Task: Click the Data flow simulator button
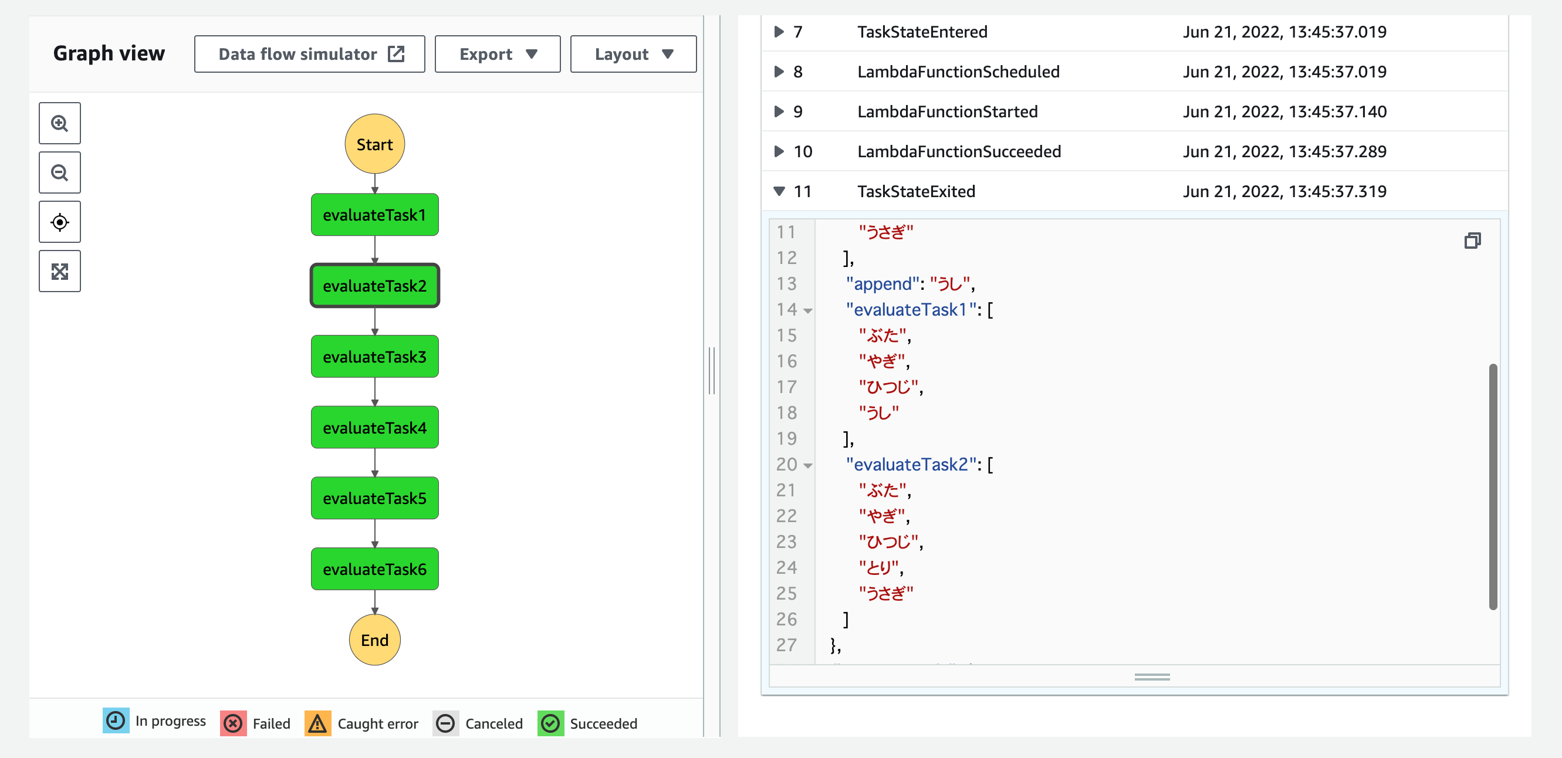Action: coord(309,54)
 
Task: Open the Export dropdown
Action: coord(497,54)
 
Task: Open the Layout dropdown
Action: coord(633,54)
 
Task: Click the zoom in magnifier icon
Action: coord(59,123)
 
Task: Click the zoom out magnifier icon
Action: coord(59,173)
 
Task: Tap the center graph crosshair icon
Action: coord(59,222)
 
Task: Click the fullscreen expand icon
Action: coord(59,271)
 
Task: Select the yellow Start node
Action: coord(375,144)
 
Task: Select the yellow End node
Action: coord(375,639)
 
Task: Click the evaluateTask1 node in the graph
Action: coord(375,215)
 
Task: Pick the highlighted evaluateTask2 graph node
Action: coord(375,286)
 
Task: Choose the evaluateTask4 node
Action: coord(375,428)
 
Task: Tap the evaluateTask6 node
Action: coord(375,569)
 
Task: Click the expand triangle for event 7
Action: coord(779,32)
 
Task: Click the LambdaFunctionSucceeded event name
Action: coord(959,151)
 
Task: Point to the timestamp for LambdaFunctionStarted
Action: coord(1284,111)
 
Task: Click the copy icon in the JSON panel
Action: coord(1472,241)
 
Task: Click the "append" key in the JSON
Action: coord(883,284)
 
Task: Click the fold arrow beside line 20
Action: coord(807,466)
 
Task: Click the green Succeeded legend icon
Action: coord(550,723)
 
